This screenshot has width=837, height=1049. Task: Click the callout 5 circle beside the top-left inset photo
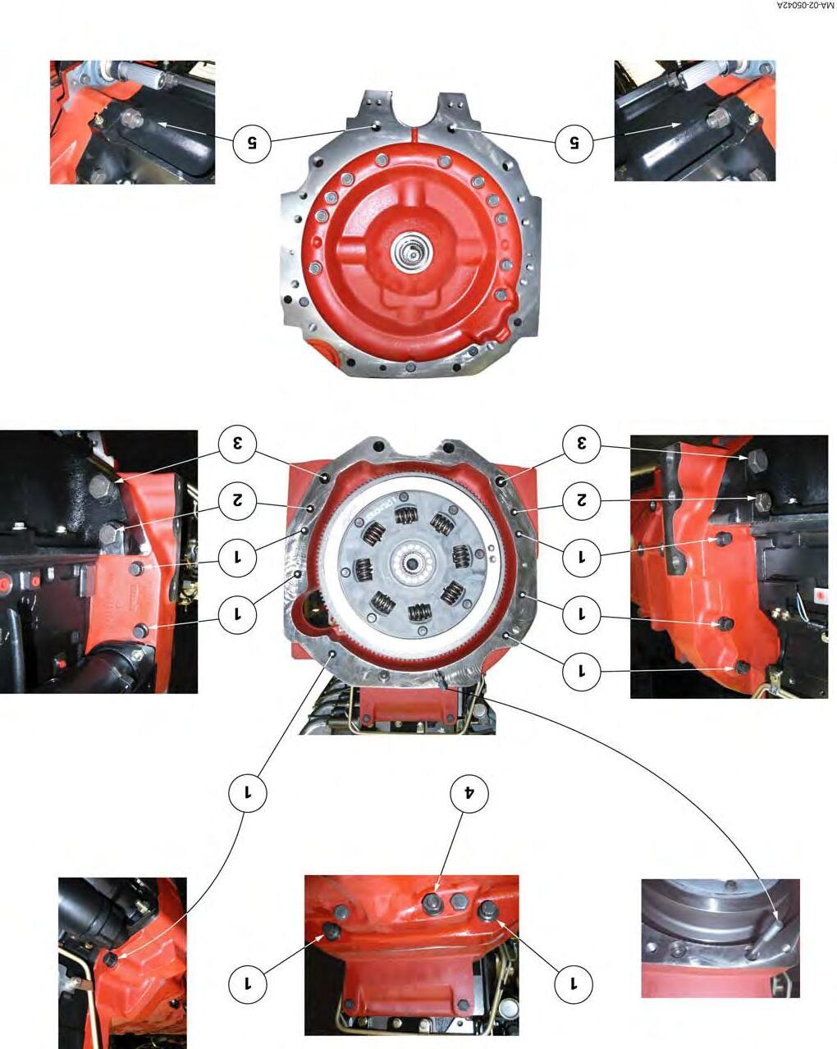(252, 143)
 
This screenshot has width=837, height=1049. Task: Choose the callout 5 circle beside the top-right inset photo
(574, 143)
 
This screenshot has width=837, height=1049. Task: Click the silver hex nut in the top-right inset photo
(716, 117)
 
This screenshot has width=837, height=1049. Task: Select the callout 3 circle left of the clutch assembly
(238, 444)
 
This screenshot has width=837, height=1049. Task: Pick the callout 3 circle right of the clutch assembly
(582, 444)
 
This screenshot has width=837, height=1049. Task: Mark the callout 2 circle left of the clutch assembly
(238, 500)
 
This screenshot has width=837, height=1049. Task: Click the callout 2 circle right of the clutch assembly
(582, 500)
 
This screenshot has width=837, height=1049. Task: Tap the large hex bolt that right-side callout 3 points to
(757, 459)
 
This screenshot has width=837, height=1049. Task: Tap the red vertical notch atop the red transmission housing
(413, 134)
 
